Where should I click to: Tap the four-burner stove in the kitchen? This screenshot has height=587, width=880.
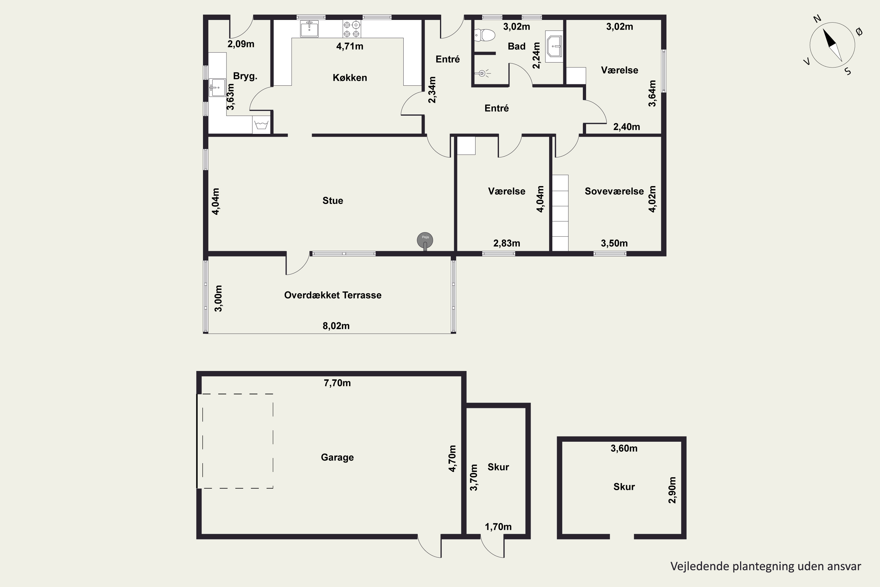click(352, 29)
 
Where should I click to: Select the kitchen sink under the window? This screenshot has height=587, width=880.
click(309, 28)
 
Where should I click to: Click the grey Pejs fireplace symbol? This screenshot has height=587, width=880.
click(425, 241)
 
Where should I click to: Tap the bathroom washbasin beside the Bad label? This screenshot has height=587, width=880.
click(554, 46)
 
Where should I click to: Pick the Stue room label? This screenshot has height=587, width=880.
click(333, 201)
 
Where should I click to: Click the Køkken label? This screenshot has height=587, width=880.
click(350, 77)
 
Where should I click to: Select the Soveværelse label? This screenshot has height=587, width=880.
click(614, 191)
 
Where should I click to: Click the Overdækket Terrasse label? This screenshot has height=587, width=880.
click(333, 295)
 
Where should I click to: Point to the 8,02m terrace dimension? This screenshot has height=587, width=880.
click(336, 326)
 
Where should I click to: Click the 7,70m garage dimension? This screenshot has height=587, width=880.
click(337, 383)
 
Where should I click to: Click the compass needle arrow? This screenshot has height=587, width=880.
click(832, 45)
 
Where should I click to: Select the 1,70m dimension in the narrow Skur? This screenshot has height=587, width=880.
click(498, 527)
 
